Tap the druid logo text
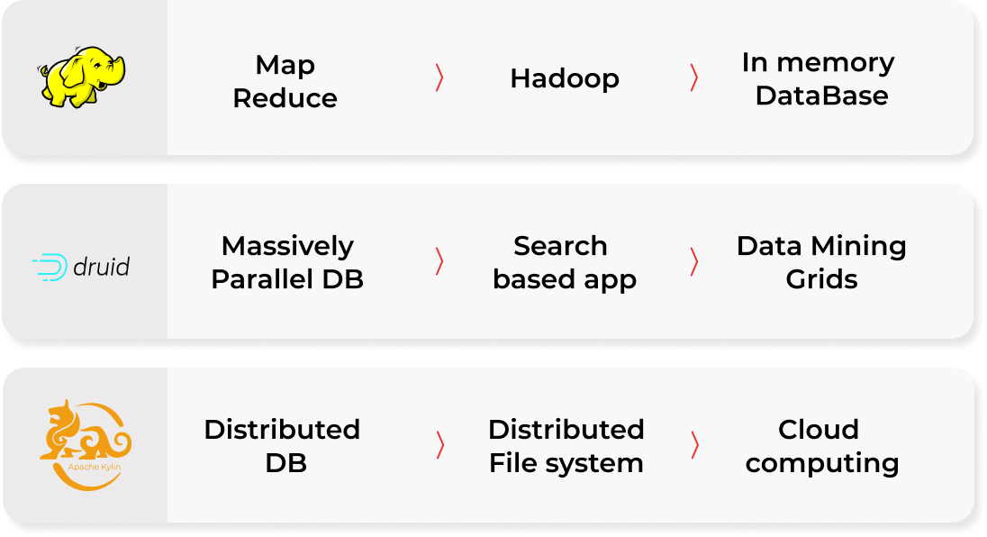point(101,267)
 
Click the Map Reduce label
point(285,81)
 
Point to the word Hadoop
point(565,78)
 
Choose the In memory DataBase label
point(819,78)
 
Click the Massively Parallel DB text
point(287,262)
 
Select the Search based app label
point(565,262)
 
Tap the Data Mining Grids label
point(821,262)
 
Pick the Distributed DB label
point(283,445)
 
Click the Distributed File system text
point(566,445)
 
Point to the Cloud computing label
point(821,445)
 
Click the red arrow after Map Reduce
point(439,78)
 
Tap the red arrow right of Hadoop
point(693,78)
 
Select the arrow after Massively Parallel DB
point(439,261)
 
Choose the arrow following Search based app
point(693,261)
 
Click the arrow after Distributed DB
point(439,444)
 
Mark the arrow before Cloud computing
point(693,444)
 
